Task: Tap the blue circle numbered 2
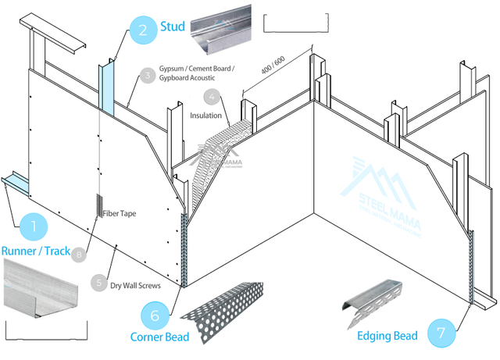[x=141, y=30]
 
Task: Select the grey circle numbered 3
[x=146, y=76]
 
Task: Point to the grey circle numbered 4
[x=211, y=98]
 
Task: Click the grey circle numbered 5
[x=98, y=283]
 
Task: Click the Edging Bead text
[x=387, y=336]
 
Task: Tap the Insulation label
[x=206, y=115]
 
